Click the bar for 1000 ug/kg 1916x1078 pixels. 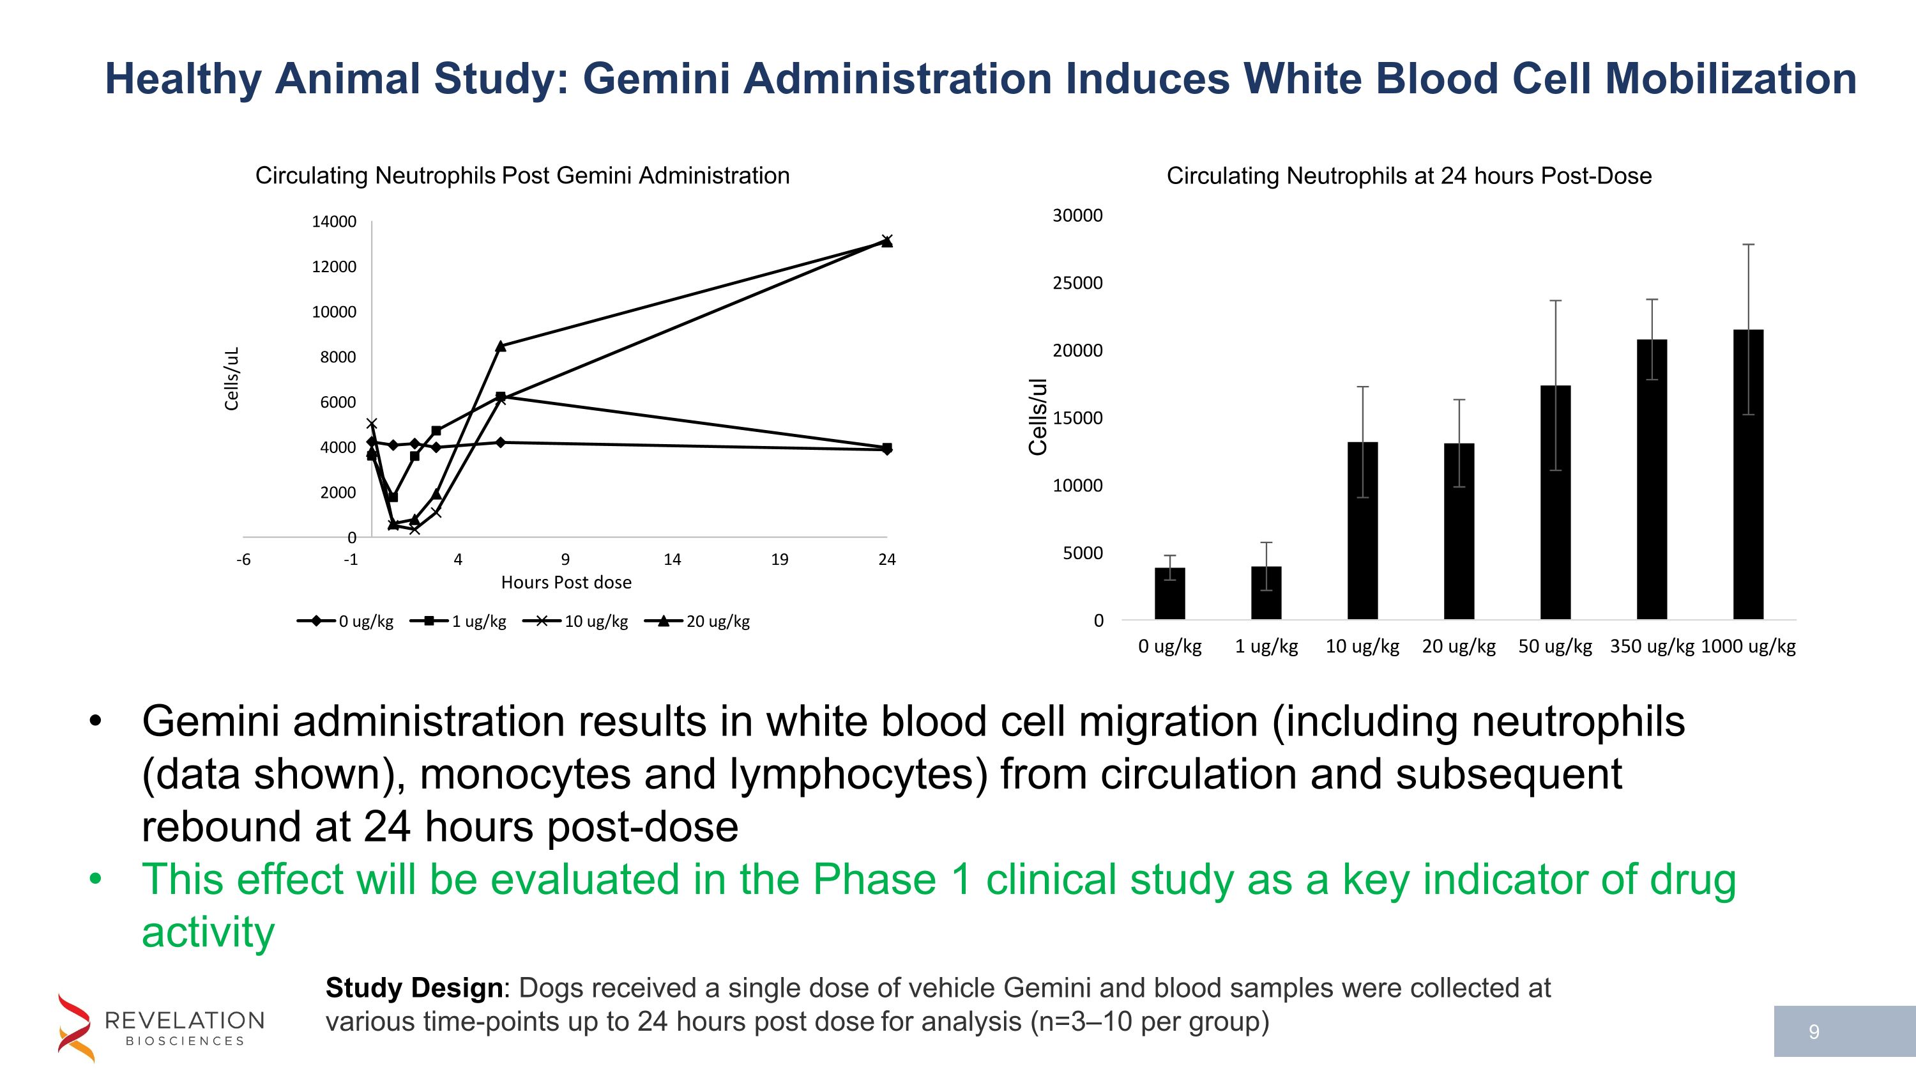point(1748,476)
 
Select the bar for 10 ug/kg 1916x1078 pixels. point(1363,531)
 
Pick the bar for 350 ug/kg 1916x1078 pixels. point(1652,480)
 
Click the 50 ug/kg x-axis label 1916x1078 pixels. point(1555,646)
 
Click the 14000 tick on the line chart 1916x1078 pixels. point(334,222)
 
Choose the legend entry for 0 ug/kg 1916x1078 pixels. point(346,621)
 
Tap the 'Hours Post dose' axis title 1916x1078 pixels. point(566,583)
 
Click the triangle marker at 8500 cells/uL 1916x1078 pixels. point(501,346)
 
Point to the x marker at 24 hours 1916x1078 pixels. point(886,239)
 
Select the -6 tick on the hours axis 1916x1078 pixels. point(243,560)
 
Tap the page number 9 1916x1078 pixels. point(1814,1032)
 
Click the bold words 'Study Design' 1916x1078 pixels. point(414,988)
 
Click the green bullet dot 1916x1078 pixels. point(95,879)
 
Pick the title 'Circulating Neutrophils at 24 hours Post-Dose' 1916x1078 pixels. point(1409,176)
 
